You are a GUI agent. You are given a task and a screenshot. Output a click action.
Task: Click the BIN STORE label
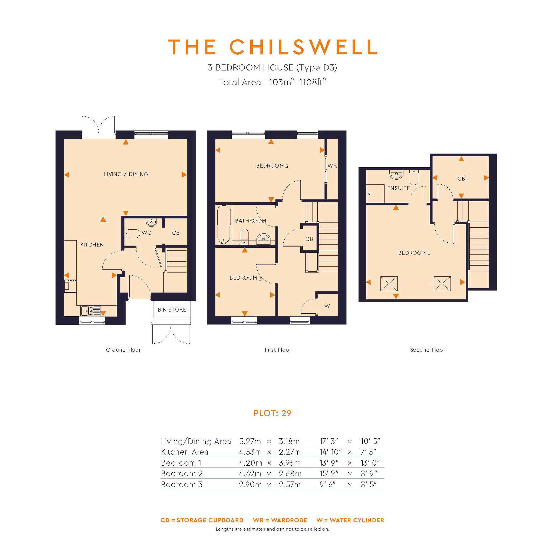point(172,310)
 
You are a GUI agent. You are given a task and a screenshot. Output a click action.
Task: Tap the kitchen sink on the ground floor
point(90,311)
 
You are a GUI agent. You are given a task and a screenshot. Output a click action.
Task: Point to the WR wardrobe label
point(332,166)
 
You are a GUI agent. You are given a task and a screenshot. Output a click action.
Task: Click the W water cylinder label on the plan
point(327,305)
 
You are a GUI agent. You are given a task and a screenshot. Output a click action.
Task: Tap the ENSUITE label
point(398,188)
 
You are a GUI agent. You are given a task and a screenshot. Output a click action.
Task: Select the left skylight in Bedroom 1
point(389,284)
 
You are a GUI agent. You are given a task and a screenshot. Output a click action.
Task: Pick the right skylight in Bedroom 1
point(442,284)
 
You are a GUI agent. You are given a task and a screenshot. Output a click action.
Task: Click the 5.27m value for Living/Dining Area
point(250,441)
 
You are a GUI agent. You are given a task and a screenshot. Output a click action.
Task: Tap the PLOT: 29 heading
point(272,413)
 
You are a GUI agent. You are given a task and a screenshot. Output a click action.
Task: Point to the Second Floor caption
point(427,350)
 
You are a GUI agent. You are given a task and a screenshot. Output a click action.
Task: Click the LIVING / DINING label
point(126,174)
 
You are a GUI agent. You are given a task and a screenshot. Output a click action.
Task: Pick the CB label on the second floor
point(461,179)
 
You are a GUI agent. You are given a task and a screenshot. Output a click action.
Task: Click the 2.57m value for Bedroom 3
point(290,484)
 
